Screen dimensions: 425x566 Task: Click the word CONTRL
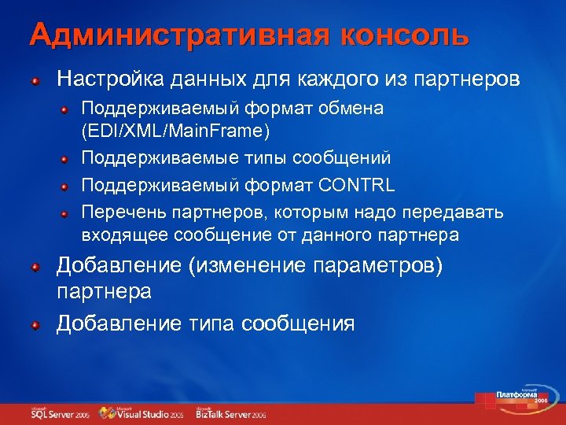[x=356, y=186]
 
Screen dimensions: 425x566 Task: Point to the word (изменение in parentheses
[x=249, y=266]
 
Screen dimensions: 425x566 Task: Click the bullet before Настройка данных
[x=35, y=81]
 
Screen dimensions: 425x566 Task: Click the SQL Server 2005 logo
[x=60, y=413]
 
